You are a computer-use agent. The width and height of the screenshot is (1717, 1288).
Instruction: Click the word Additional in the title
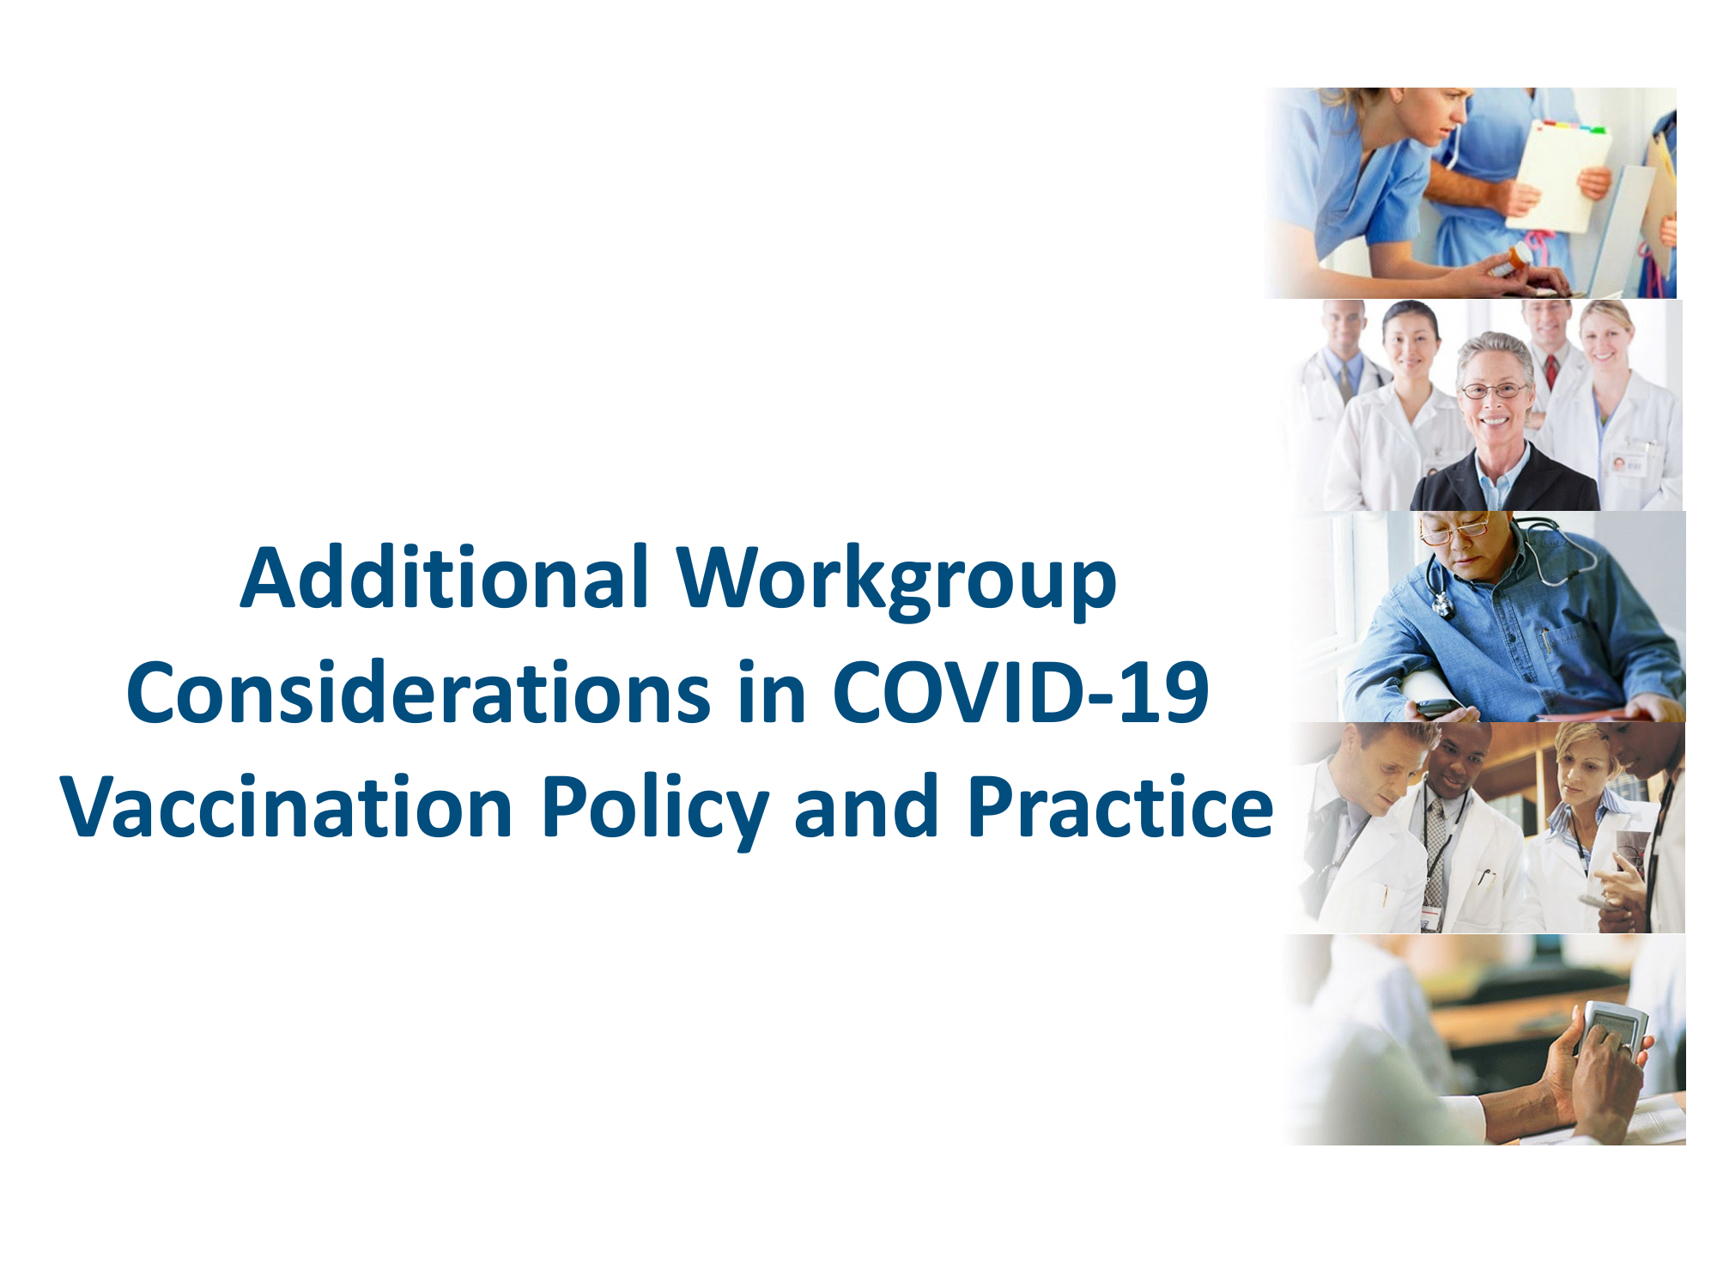click(x=444, y=577)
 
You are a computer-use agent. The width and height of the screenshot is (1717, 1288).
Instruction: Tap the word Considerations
click(x=418, y=692)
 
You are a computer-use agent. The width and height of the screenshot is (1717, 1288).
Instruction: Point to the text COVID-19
click(x=1021, y=692)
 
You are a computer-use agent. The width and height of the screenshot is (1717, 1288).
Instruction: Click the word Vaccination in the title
click(x=288, y=806)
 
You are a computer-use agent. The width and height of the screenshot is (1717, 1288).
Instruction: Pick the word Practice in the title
click(x=1119, y=806)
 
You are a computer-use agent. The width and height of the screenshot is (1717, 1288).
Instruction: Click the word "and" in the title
click(x=866, y=806)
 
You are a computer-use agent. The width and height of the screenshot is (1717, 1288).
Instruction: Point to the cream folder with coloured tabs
click(x=1559, y=176)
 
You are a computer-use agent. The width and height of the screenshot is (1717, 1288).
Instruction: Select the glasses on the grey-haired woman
click(x=1496, y=392)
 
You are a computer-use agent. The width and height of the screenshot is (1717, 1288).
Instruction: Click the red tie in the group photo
click(x=1552, y=371)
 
